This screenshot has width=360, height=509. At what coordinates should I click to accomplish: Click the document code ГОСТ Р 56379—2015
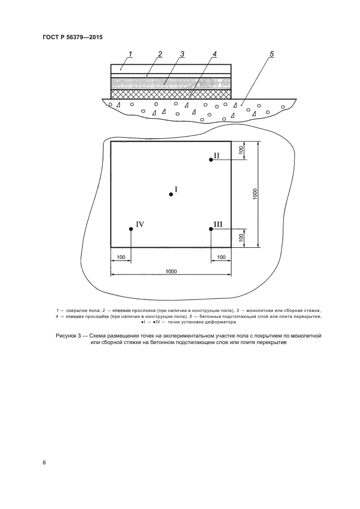point(72,38)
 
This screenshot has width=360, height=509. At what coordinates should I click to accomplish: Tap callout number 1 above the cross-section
point(130,53)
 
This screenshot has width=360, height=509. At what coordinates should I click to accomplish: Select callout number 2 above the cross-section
point(160,53)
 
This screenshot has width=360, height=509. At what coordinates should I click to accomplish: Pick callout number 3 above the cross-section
point(182,53)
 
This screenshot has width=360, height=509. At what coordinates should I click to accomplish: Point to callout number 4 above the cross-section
point(215,53)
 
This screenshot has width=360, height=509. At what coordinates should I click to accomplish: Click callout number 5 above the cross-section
point(271,53)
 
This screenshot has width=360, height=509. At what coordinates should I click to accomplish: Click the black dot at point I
point(171,194)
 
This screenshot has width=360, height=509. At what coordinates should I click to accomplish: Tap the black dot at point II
point(211,160)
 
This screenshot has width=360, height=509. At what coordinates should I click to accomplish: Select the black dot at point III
point(211,229)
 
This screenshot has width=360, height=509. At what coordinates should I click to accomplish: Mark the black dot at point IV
point(131,229)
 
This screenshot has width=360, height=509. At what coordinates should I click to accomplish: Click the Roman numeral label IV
point(139,224)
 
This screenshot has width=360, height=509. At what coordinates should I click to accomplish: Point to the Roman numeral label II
point(216,155)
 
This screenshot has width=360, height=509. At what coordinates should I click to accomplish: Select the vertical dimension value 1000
point(254,194)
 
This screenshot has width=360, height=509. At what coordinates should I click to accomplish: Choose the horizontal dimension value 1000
point(170,271)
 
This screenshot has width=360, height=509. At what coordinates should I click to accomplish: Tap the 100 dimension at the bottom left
point(120,256)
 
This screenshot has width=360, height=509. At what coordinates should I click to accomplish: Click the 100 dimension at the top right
point(241,151)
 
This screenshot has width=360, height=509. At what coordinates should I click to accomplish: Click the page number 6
point(44,463)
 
